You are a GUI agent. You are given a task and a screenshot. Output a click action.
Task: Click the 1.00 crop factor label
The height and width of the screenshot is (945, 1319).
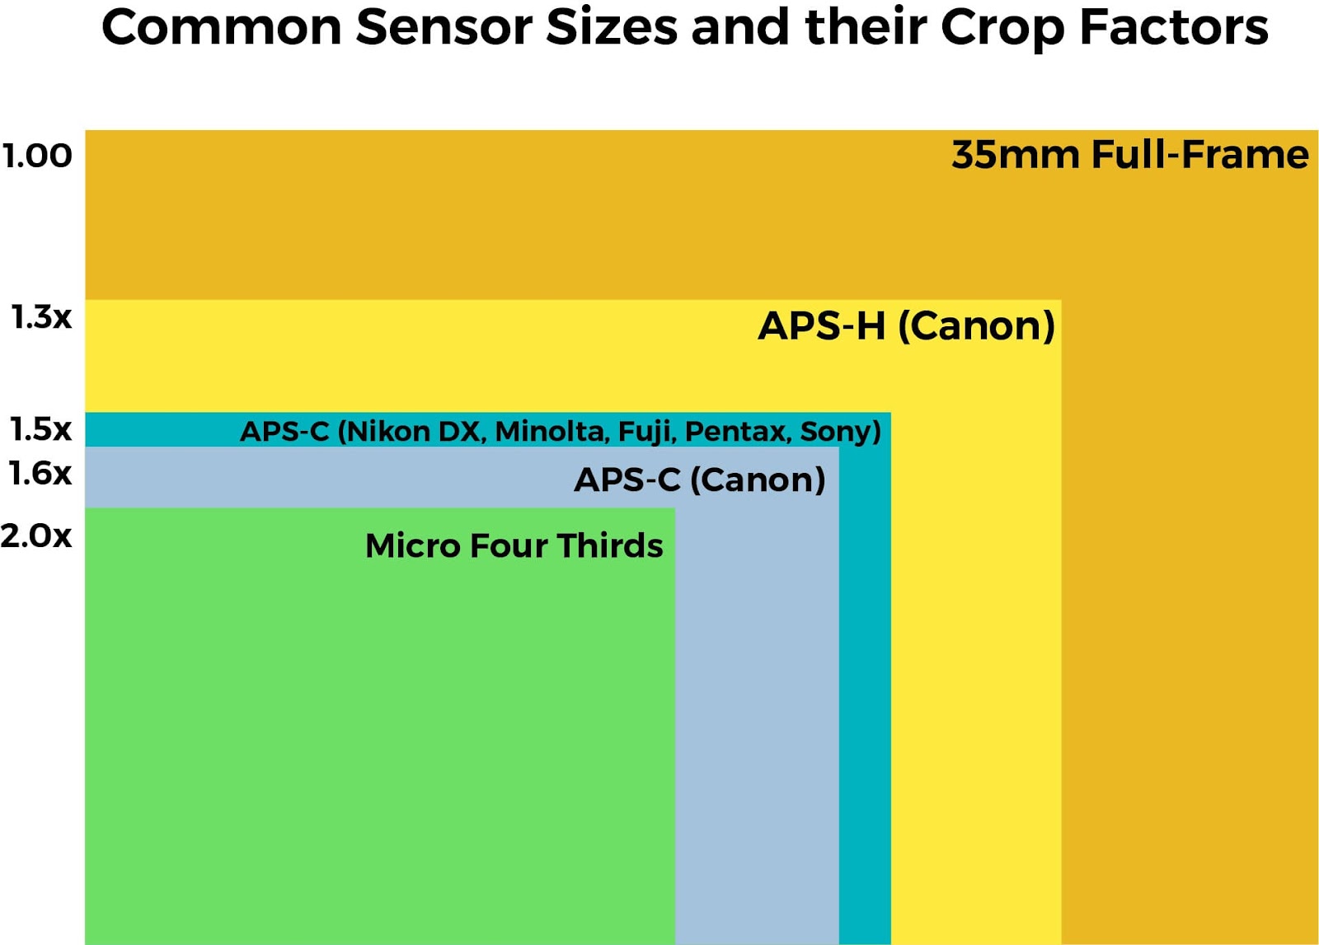37,156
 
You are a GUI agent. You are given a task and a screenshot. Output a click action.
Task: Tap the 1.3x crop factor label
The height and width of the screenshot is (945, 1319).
42,317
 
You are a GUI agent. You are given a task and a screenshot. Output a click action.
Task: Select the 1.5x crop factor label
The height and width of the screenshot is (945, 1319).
41,429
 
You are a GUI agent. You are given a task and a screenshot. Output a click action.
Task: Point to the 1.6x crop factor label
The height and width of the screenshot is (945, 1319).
40,473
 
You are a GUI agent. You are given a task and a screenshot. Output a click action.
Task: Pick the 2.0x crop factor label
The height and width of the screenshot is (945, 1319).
36,536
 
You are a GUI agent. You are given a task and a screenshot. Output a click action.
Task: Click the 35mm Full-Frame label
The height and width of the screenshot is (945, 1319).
1130,155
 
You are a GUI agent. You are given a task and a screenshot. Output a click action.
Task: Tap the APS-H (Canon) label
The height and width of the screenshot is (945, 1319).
907,326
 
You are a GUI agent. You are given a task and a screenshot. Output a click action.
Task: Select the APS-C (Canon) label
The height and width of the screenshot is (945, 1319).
700,480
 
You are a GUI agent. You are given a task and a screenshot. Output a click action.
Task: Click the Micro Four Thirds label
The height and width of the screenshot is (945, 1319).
514,545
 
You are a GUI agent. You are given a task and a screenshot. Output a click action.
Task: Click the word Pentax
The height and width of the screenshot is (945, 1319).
735,432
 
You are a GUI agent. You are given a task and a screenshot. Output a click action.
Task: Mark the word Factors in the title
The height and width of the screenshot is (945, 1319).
1174,28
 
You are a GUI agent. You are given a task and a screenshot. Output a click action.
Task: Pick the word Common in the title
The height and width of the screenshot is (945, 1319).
222,28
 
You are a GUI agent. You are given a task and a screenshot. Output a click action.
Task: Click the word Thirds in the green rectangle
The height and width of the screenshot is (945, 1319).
610,545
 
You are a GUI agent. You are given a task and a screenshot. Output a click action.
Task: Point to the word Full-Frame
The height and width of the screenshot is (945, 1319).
1200,155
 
